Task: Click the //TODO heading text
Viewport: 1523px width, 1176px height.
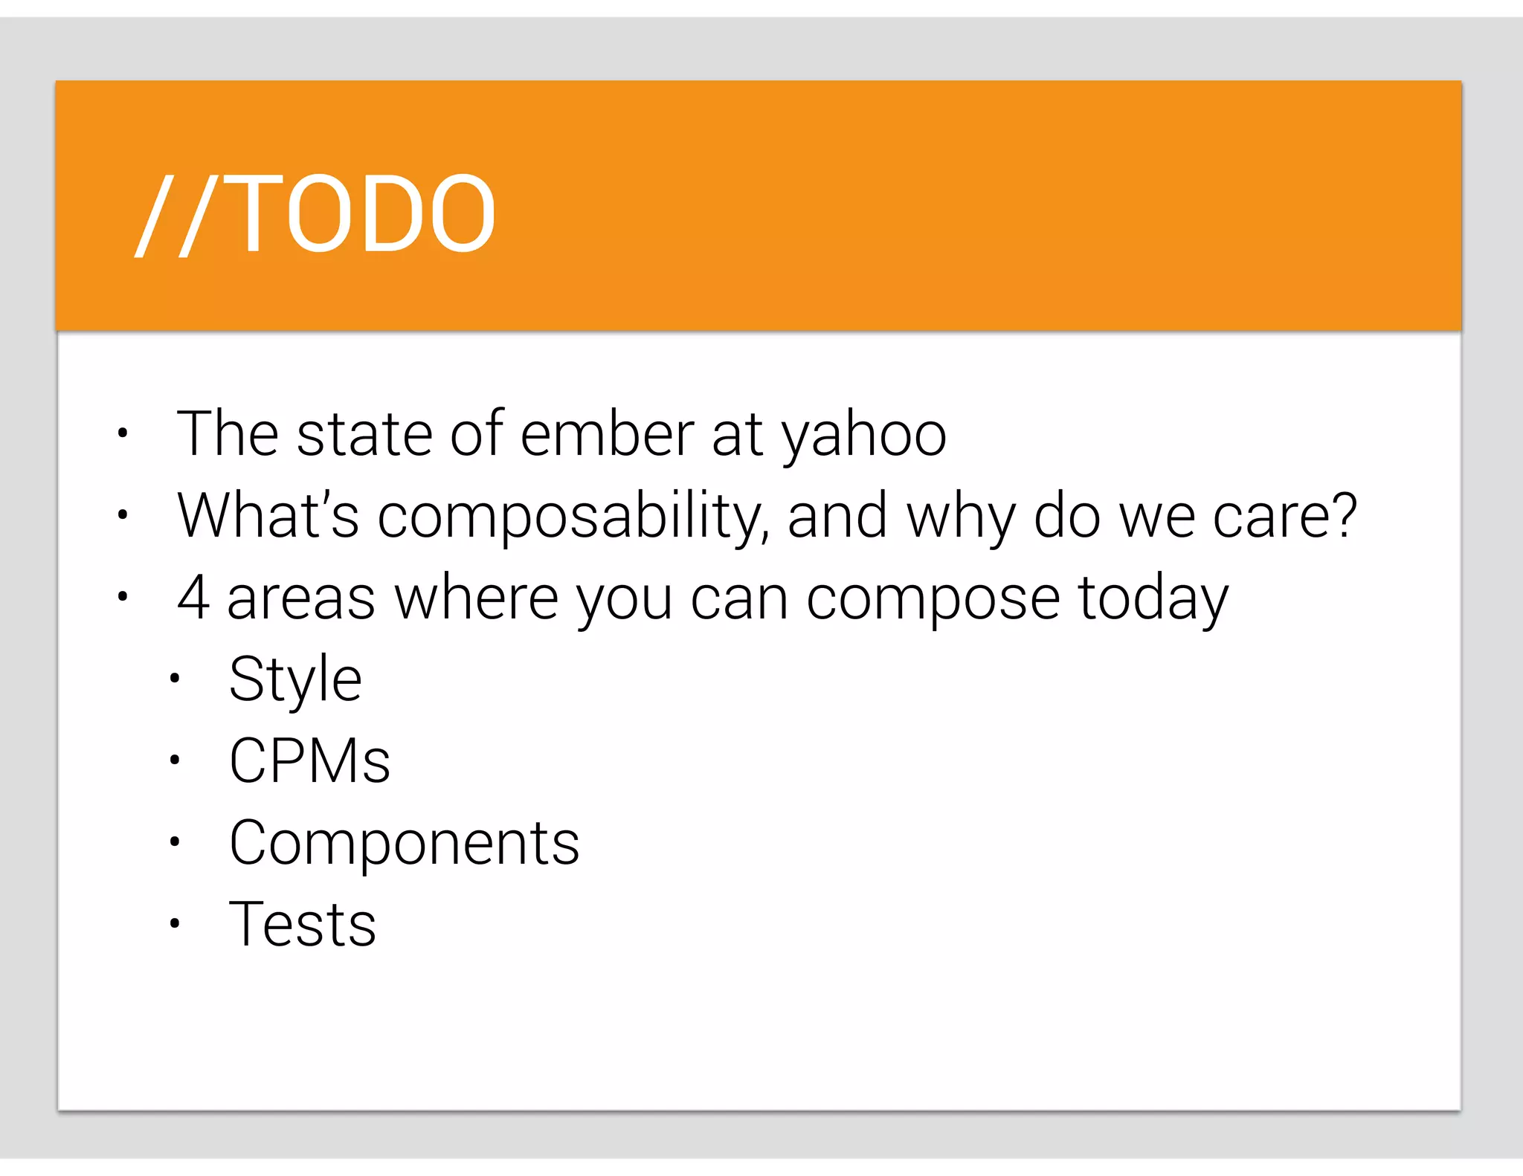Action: click(x=315, y=214)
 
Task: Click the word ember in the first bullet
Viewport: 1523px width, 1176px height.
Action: click(x=607, y=434)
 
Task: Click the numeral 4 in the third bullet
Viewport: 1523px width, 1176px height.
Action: click(x=193, y=598)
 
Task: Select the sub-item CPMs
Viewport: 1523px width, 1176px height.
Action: click(x=309, y=761)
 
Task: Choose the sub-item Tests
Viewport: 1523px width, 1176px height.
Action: click(x=303, y=925)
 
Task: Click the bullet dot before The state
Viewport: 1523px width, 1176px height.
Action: click(x=123, y=433)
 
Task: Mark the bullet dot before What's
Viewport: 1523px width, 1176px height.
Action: click(x=123, y=514)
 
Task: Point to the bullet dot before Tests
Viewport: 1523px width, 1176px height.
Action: click(x=175, y=924)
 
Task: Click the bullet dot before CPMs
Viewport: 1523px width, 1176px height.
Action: click(x=175, y=760)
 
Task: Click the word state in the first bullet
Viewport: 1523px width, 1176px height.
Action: click(x=364, y=434)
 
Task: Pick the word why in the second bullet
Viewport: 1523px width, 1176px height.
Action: click(x=961, y=519)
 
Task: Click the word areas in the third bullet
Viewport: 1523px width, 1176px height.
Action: click(x=301, y=599)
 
